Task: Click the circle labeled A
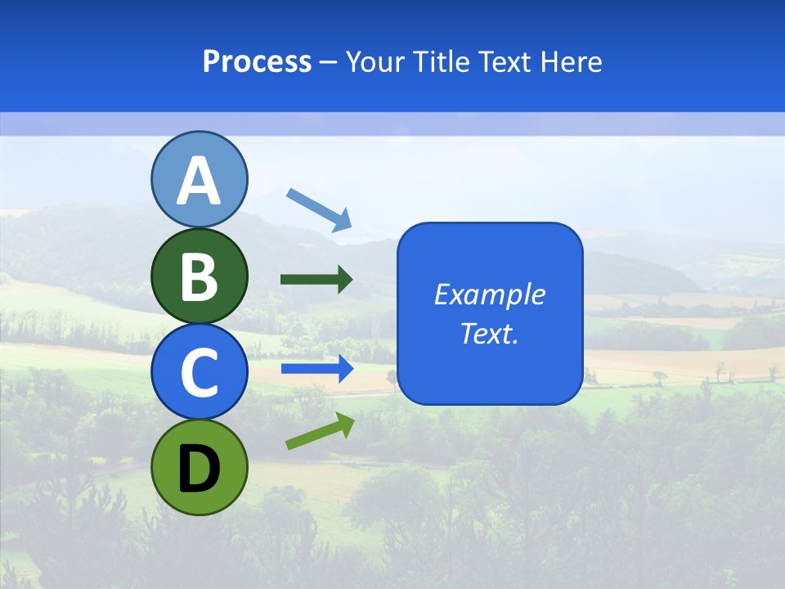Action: (199, 179)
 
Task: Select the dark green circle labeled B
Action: (199, 276)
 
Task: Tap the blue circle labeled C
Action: (199, 371)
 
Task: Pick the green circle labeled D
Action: (199, 467)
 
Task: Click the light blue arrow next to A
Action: (319, 209)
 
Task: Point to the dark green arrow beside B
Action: (316, 280)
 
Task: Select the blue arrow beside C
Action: (316, 369)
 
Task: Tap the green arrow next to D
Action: (320, 431)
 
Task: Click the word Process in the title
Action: (257, 61)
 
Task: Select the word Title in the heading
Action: (438, 61)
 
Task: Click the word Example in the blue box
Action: (490, 294)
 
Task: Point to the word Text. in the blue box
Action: (490, 333)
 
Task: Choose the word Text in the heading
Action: (502, 61)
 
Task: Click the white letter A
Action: (199, 181)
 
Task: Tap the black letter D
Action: (199, 468)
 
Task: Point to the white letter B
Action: (199, 277)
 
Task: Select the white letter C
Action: (199, 372)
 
